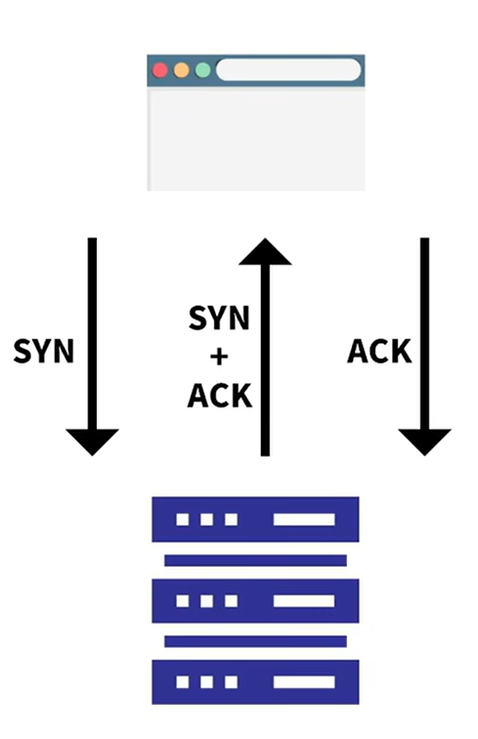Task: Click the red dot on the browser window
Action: pos(160,70)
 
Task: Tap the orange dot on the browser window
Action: pos(182,70)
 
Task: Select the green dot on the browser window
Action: pos(202,70)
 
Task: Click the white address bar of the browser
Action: pos(288,69)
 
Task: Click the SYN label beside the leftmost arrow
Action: pos(44,351)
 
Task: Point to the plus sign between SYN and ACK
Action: pos(219,357)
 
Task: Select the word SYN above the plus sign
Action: pos(219,318)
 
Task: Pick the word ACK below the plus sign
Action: pos(220,396)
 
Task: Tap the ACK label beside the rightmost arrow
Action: pos(379,351)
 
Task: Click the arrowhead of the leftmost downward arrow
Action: pos(93,441)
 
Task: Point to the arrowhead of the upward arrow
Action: pos(266,251)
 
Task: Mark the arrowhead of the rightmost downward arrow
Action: pos(425,441)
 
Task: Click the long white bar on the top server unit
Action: pos(304,519)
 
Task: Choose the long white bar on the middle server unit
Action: pos(304,601)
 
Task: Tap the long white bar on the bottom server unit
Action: pos(304,682)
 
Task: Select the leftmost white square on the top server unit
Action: pos(183,519)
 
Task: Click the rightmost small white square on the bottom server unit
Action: pos(231,682)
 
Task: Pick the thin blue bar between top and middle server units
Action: pos(255,560)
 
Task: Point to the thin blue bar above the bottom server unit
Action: pos(255,641)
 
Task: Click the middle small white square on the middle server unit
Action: pos(206,601)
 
